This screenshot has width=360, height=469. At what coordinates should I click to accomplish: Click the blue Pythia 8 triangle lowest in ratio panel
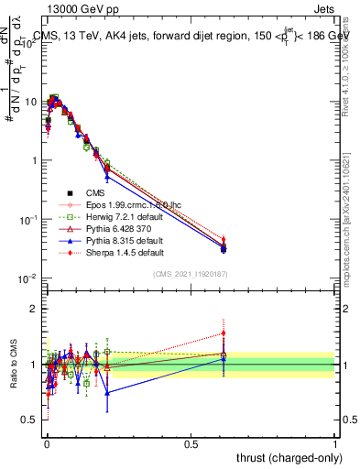tap(108, 392)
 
